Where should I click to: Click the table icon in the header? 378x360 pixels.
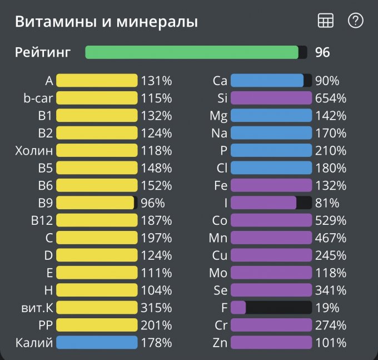(325, 21)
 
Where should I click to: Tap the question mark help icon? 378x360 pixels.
(355, 21)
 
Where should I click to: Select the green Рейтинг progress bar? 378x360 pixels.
(192, 52)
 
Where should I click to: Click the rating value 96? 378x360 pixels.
(322, 52)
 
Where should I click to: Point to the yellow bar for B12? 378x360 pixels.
(97, 220)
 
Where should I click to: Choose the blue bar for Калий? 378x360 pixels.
(97, 342)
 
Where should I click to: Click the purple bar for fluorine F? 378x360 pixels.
(238, 307)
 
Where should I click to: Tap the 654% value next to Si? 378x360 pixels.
(330, 98)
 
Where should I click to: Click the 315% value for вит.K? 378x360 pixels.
(156, 307)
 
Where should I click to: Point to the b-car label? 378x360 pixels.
(38, 98)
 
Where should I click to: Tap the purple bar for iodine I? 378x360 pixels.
(263, 203)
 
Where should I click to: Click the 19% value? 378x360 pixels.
(327, 307)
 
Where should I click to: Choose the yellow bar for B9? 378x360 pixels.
(95, 203)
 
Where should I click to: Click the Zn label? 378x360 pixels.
(220, 342)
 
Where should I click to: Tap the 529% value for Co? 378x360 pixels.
(330, 220)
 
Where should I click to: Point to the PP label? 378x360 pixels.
(46, 325)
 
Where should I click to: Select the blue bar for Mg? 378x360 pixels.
(271, 116)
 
